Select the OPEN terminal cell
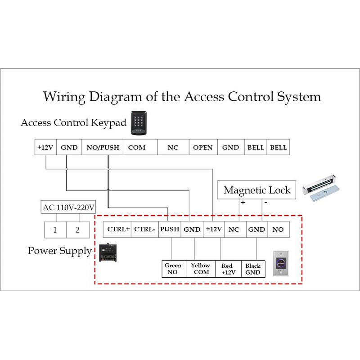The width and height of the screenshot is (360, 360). click(x=203, y=148)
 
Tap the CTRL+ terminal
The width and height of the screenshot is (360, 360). click(x=118, y=229)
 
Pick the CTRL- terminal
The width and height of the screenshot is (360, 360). click(x=145, y=229)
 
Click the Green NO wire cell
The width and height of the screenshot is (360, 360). click(x=173, y=269)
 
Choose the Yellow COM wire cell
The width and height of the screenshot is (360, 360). click(x=201, y=269)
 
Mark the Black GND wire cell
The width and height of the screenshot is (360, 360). click(x=253, y=269)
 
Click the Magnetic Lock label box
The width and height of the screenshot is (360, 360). click(x=257, y=190)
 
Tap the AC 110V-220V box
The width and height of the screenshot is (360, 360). click(x=68, y=208)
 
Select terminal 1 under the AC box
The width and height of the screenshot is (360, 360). click(x=55, y=230)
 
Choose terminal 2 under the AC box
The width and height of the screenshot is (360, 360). click(x=77, y=230)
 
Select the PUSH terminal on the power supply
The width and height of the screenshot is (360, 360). click(x=170, y=229)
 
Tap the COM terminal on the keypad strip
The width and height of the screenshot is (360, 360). click(x=137, y=148)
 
